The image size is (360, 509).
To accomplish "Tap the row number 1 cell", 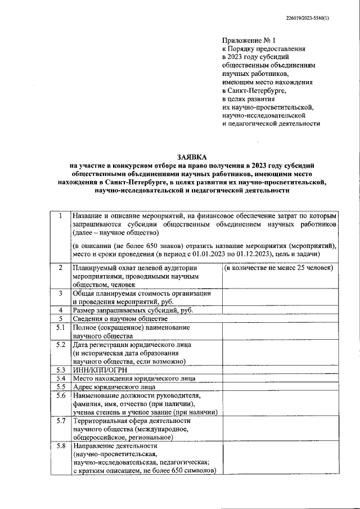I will pyautogui.click(x=60, y=217).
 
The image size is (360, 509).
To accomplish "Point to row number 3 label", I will pyautogui.click(x=60, y=293).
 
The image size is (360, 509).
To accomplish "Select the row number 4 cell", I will pyautogui.click(x=60, y=310).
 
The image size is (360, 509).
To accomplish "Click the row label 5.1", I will pyautogui.click(x=60, y=327).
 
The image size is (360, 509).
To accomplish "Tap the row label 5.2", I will pyautogui.click(x=60, y=344).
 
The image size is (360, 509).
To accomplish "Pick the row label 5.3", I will pyautogui.click(x=60, y=370).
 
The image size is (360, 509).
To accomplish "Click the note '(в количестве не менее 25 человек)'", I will pyautogui.click(x=278, y=268).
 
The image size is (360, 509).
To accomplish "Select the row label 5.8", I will pyautogui.click(x=60, y=446).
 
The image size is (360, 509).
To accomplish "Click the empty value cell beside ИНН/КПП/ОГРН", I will pyautogui.click(x=280, y=370).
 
